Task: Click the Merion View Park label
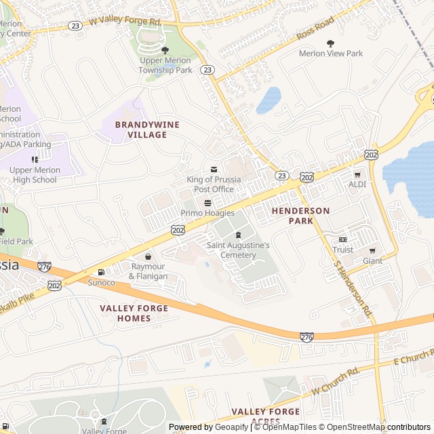click(331, 54)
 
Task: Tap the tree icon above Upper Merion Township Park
click(165, 50)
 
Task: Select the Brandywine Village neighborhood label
click(141, 130)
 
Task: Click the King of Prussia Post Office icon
click(214, 169)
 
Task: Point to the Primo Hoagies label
click(208, 213)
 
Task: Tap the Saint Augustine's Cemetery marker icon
click(238, 235)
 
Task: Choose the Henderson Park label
click(300, 216)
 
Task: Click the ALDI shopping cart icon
click(357, 174)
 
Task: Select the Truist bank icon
click(342, 239)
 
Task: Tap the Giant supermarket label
click(372, 260)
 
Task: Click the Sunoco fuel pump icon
click(101, 271)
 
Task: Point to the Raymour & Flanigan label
click(148, 271)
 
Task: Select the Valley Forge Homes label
click(134, 313)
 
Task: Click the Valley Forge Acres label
click(265, 416)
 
